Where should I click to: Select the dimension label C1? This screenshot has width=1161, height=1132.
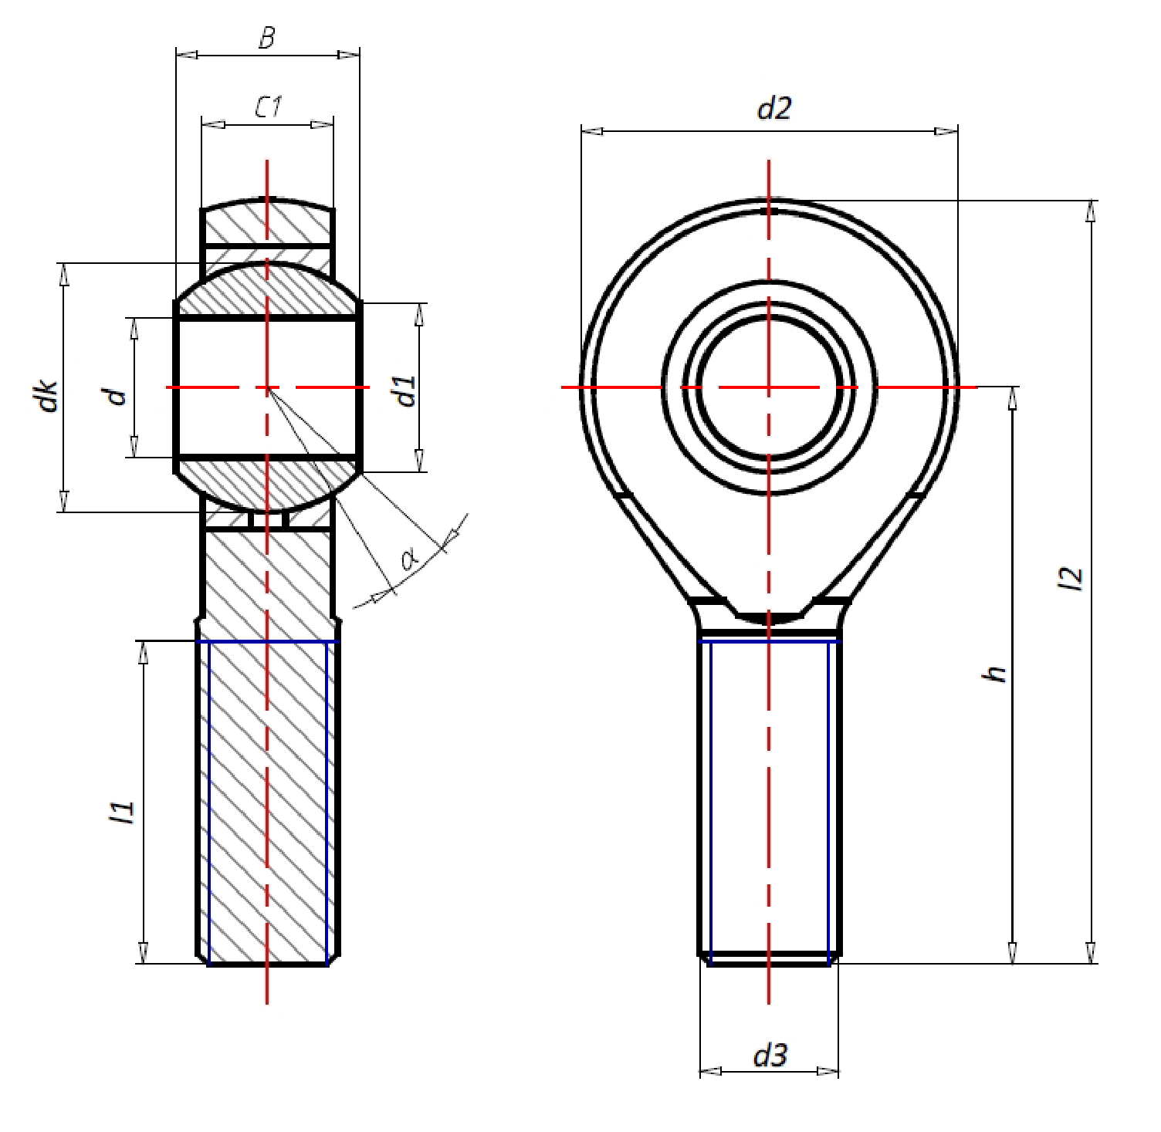[267, 107]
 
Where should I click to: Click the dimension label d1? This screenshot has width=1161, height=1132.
[406, 390]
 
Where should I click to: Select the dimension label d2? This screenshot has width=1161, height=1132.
[773, 110]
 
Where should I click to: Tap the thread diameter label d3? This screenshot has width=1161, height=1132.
[770, 1055]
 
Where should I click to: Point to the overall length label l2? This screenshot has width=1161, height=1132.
[1072, 579]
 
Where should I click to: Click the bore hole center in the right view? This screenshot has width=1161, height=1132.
[769, 386]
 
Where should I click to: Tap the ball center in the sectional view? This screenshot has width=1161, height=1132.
[267, 387]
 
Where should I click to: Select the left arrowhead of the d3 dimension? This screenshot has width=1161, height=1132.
[710, 1072]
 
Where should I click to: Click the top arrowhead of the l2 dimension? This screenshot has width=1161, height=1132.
[1091, 210]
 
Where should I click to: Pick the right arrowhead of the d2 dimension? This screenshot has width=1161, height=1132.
[946, 131]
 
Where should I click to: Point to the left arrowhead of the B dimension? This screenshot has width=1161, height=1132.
[187, 55]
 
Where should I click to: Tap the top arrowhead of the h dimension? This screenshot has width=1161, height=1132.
[1013, 397]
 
